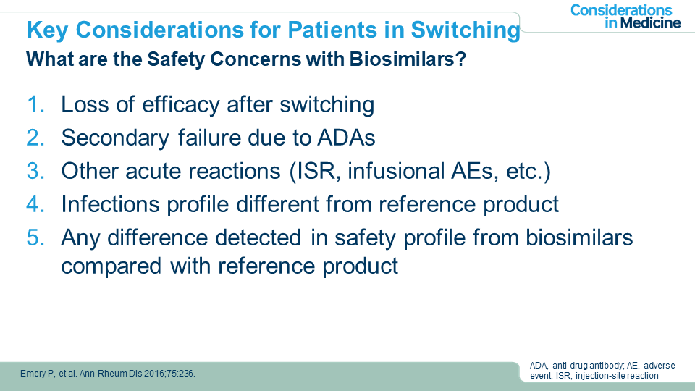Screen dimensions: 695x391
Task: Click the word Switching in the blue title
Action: [465, 30]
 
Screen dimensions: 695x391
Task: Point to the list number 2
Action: [35, 138]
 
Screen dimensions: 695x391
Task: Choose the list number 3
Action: [35, 171]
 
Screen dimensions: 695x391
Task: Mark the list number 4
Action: [35, 204]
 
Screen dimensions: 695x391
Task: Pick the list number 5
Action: [35, 237]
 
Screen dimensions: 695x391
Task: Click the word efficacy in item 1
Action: [181, 106]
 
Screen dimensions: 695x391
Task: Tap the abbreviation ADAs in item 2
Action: [346, 138]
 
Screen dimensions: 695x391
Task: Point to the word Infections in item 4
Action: [110, 204]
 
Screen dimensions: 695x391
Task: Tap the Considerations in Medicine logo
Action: [625, 17]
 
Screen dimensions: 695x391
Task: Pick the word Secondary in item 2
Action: [115, 138]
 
